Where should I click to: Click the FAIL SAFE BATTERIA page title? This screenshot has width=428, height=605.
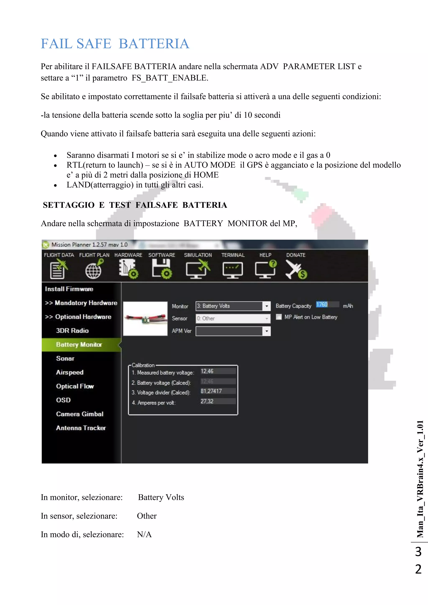115,44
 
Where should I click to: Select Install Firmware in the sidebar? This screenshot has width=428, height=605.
69,289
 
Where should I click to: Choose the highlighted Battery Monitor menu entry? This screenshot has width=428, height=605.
79,345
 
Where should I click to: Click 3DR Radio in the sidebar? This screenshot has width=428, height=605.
72,331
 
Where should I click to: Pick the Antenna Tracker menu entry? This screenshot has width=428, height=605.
81,428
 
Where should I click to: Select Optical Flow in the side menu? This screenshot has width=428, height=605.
75,386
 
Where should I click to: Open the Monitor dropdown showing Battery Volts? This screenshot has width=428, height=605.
233,306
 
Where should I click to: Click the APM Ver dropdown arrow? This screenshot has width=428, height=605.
267,331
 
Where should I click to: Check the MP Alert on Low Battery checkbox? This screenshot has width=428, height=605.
279,317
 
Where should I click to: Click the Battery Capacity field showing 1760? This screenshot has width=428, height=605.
327,305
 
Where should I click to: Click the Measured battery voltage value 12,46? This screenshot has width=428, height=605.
218,371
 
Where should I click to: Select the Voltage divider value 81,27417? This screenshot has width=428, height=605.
218,391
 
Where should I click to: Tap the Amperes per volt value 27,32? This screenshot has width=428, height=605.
218,401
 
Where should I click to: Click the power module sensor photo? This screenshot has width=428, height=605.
145,319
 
